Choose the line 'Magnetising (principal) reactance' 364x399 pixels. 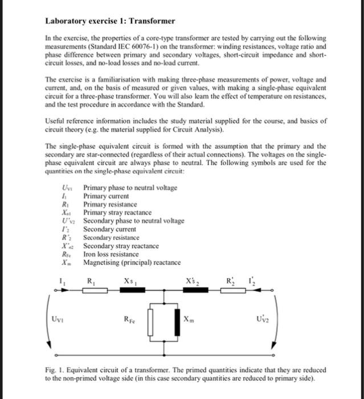(132, 262)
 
